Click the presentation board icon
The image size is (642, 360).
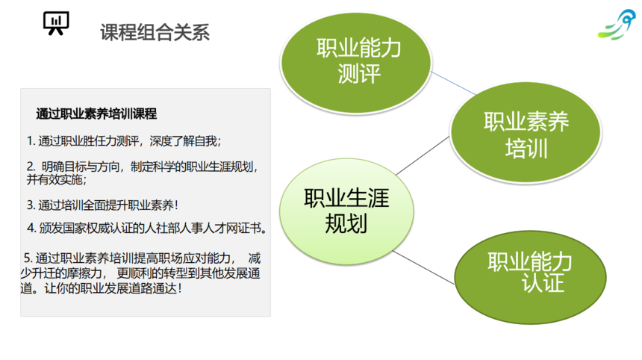(x=56, y=23)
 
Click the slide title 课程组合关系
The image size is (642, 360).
(x=155, y=32)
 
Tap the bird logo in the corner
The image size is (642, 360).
(x=617, y=25)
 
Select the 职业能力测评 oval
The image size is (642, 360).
(x=356, y=63)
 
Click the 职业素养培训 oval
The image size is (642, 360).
(x=526, y=132)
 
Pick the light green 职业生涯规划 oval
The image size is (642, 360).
(x=346, y=211)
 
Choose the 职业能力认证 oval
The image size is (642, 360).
(x=530, y=277)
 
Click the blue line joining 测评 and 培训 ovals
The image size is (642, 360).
(x=454, y=83)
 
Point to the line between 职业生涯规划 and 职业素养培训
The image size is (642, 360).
(x=423, y=155)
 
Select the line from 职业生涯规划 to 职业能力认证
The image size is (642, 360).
(x=423, y=267)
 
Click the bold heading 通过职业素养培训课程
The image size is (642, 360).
(x=96, y=114)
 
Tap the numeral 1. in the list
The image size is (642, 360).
(x=31, y=141)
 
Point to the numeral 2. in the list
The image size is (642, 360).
(x=31, y=167)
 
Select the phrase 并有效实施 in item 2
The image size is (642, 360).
(x=54, y=180)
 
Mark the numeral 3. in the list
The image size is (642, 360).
(x=31, y=205)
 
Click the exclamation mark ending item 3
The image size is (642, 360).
(x=176, y=205)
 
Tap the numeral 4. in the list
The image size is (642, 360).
(x=31, y=228)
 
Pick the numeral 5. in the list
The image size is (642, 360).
(x=28, y=258)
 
